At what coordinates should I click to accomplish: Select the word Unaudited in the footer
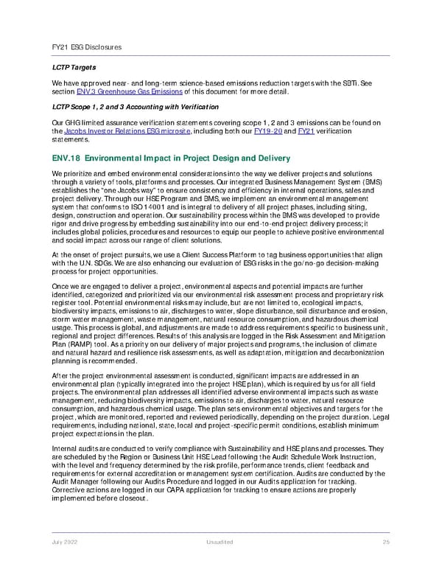(221, 542)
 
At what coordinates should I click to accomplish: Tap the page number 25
(386, 542)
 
